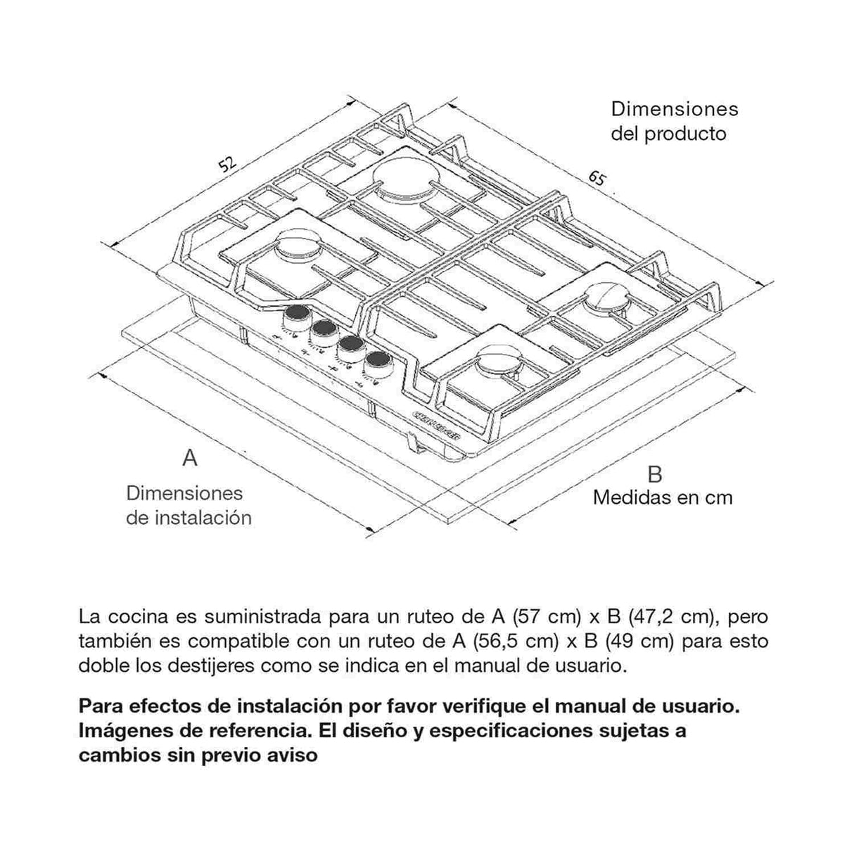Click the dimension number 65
coord(597,179)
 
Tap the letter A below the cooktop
coord(190,458)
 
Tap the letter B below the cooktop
coord(655,473)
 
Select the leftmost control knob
coord(295,314)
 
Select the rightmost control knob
coord(378,362)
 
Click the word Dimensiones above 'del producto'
coord(675,109)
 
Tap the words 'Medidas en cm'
coord(663,497)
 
